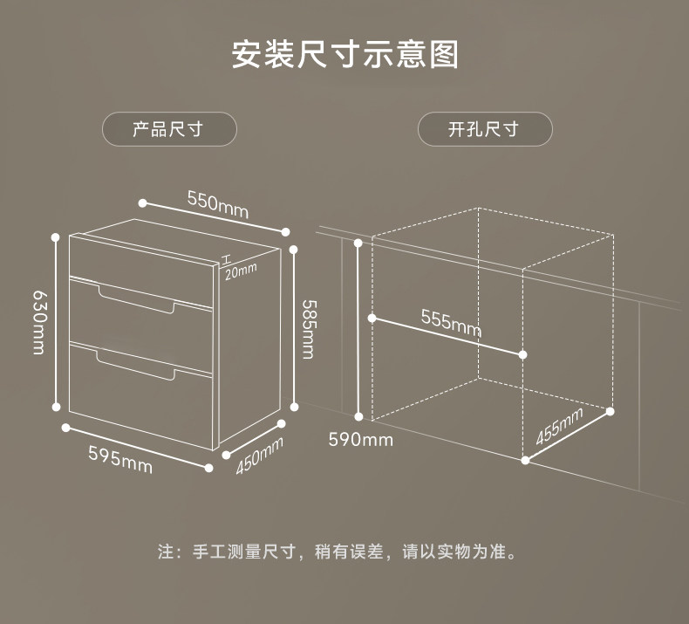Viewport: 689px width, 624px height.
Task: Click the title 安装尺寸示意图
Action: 344,54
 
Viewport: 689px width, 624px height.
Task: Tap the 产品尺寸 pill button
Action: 169,129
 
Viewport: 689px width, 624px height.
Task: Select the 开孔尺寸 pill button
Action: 484,129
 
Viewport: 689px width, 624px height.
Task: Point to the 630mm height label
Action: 38,322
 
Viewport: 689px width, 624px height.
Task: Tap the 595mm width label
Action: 120,459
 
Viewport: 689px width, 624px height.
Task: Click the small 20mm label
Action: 241,271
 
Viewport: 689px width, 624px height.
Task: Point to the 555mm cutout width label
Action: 451,322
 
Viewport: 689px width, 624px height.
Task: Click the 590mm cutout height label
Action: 360,439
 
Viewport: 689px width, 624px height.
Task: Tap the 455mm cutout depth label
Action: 558,427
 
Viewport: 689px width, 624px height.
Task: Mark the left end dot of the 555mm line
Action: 372,319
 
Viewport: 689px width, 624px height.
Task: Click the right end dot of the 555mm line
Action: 522,354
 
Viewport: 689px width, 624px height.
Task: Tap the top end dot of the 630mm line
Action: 56,236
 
